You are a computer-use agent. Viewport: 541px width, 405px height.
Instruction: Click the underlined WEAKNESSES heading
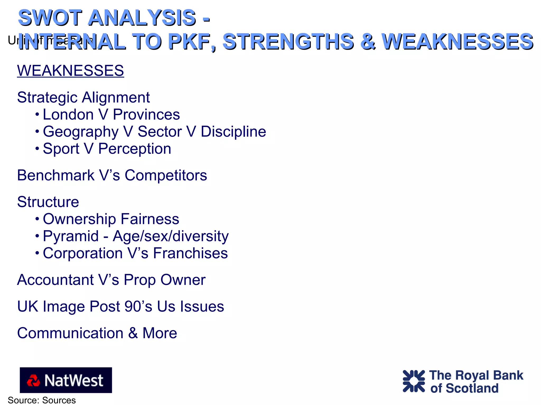coord(70,71)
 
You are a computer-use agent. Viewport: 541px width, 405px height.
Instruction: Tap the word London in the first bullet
coord(68,115)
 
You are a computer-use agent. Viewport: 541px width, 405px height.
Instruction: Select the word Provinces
coord(146,115)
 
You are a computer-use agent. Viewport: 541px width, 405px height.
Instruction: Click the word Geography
coord(81,132)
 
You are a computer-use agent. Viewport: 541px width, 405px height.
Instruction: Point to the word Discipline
coord(233,131)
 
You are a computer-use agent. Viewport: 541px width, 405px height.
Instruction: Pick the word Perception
coord(135,149)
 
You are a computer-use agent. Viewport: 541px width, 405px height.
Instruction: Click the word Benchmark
coord(56,175)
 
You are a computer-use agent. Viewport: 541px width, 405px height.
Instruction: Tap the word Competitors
coord(166,175)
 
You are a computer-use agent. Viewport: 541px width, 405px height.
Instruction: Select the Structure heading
coord(48,202)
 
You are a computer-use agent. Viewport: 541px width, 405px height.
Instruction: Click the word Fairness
coord(150,219)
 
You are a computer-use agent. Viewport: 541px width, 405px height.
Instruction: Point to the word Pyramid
coord(71,236)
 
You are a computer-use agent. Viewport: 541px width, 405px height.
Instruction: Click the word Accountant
coord(55,280)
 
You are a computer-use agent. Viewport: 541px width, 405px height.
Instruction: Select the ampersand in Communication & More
coord(133,333)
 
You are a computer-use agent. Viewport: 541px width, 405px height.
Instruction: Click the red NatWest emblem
coord(33,380)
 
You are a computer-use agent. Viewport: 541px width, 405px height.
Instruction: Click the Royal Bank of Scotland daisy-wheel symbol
coord(414,381)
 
